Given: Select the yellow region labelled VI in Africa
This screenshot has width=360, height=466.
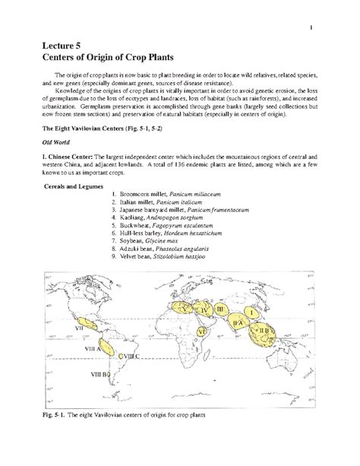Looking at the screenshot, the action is pyautogui.click(x=201, y=331).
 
